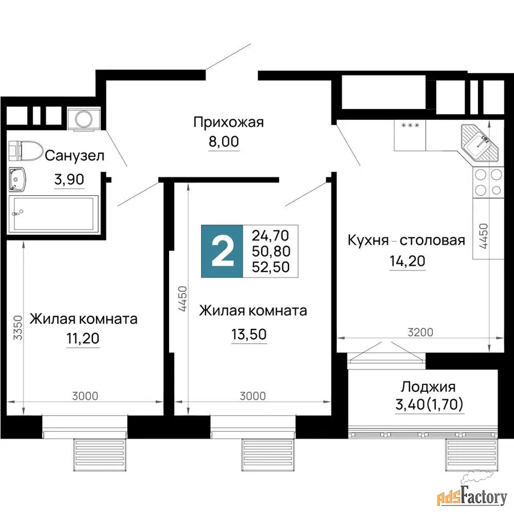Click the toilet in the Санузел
pyautogui.click(x=26, y=151)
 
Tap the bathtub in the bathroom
pyautogui.click(x=54, y=214)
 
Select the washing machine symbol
pyautogui.click(x=84, y=119)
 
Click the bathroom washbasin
pyautogui.click(x=17, y=179)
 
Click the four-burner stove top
pyautogui.click(x=488, y=183)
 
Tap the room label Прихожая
pyautogui.click(x=228, y=122)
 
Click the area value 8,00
pyautogui.click(x=224, y=142)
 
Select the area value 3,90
pyautogui.click(x=69, y=179)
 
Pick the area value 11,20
pyautogui.click(x=83, y=338)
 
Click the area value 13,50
pyautogui.click(x=249, y=334)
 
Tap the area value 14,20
pyautogui.click(x=407, y=261)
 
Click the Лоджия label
pyautogui.click(x=428, y=387)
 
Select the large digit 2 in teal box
pyautogui.click(x=223, y=251)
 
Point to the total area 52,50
pyautogui.click(x=271, y=267)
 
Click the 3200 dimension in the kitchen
pyautogui.click(x=420, y=332)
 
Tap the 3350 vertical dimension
pyautogui.click(x=18, y=327)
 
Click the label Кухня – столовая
pyautogui.click(x=406, y=240)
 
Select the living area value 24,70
pyautogui.click(x=271, y=235)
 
